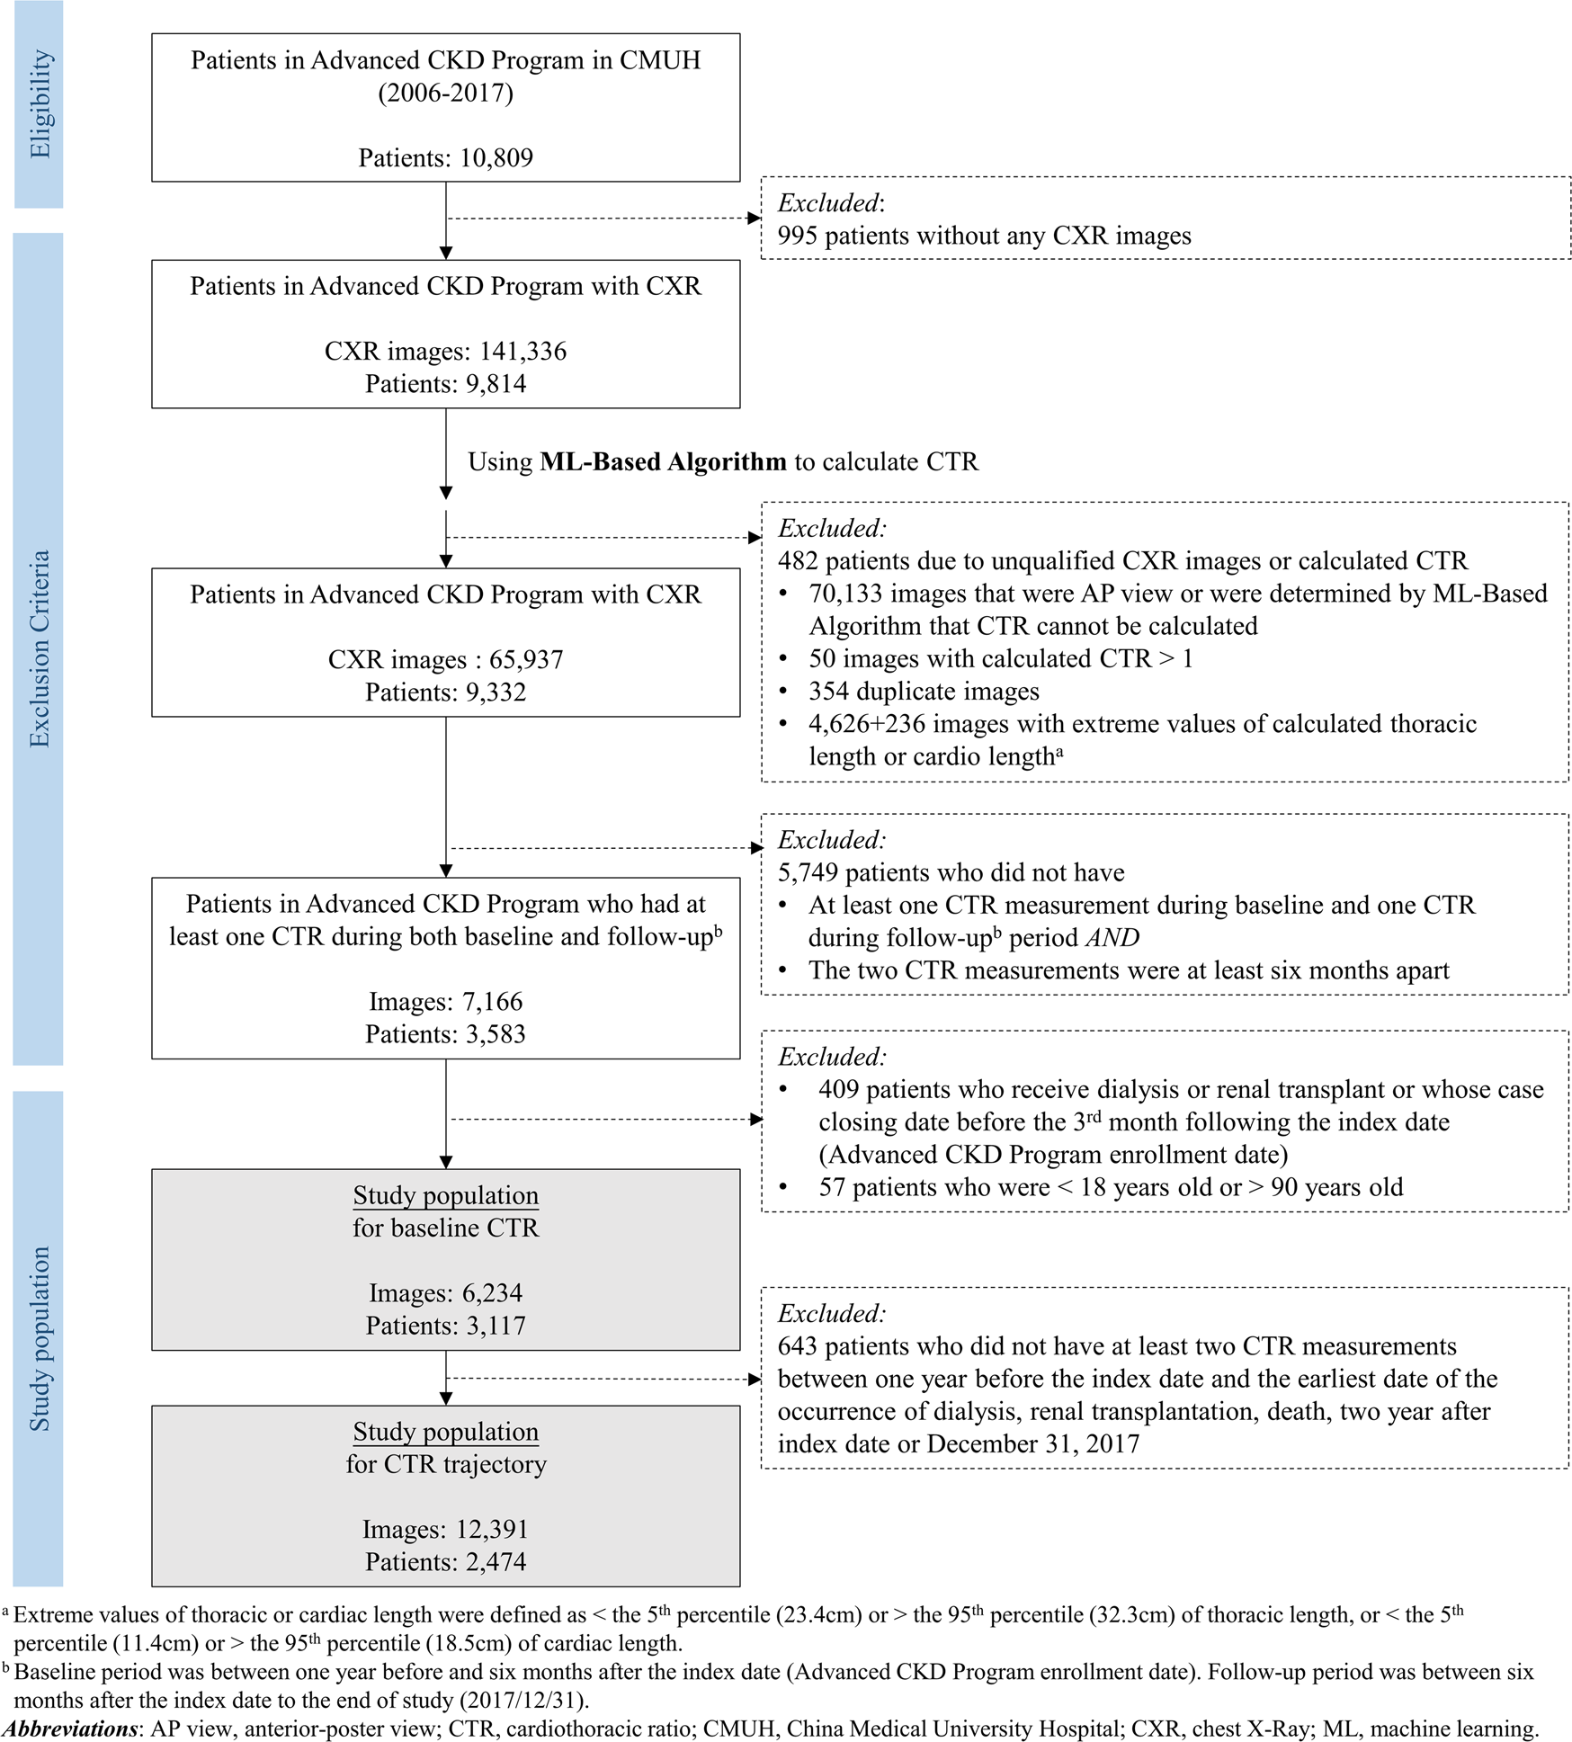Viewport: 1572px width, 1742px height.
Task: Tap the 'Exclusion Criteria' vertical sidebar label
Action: [39, 649]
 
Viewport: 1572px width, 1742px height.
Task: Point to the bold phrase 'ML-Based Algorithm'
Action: [663, 462]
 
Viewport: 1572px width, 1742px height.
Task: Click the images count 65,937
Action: [525, 660]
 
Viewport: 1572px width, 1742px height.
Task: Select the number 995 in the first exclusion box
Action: [798, 237]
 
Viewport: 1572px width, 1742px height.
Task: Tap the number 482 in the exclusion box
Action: [798, 561]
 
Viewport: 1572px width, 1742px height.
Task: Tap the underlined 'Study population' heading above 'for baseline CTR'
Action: [445, 1196]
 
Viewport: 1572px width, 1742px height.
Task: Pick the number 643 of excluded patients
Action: [798, 1346]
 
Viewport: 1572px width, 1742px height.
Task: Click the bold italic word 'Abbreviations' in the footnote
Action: [71, 1729]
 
